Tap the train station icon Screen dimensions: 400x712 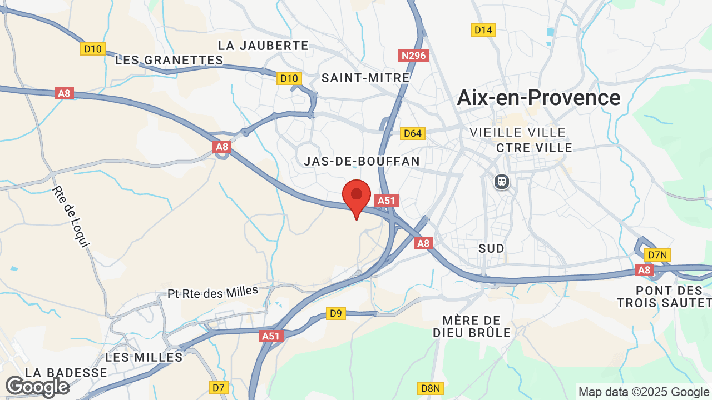tap(502, 182)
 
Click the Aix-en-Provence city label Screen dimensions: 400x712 tap(538, 98)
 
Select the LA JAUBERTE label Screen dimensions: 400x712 tap(263, 46)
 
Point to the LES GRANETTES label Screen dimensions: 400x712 tap(169, 60)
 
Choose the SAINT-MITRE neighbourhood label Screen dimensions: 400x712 tap(365, 78)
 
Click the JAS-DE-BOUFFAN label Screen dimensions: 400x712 tap(362, 161)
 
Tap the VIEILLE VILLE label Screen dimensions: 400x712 tap(518, 132)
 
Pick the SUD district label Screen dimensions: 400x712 tap(491, 248)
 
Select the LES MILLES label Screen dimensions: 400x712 tap(144, 357)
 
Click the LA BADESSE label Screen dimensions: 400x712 tap(66, 372)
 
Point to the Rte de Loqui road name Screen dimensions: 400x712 tap(71, 216)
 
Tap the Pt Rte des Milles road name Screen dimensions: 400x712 tap(213, 292)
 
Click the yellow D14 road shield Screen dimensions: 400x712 tap(483, 30)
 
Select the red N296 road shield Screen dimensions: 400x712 tap(414, 56)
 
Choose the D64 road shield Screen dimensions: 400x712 tap(413, 133)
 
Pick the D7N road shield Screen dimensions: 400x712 tap(657, 255)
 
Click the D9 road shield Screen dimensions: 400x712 tap(335, 313)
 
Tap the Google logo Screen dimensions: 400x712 tap(37, 387)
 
